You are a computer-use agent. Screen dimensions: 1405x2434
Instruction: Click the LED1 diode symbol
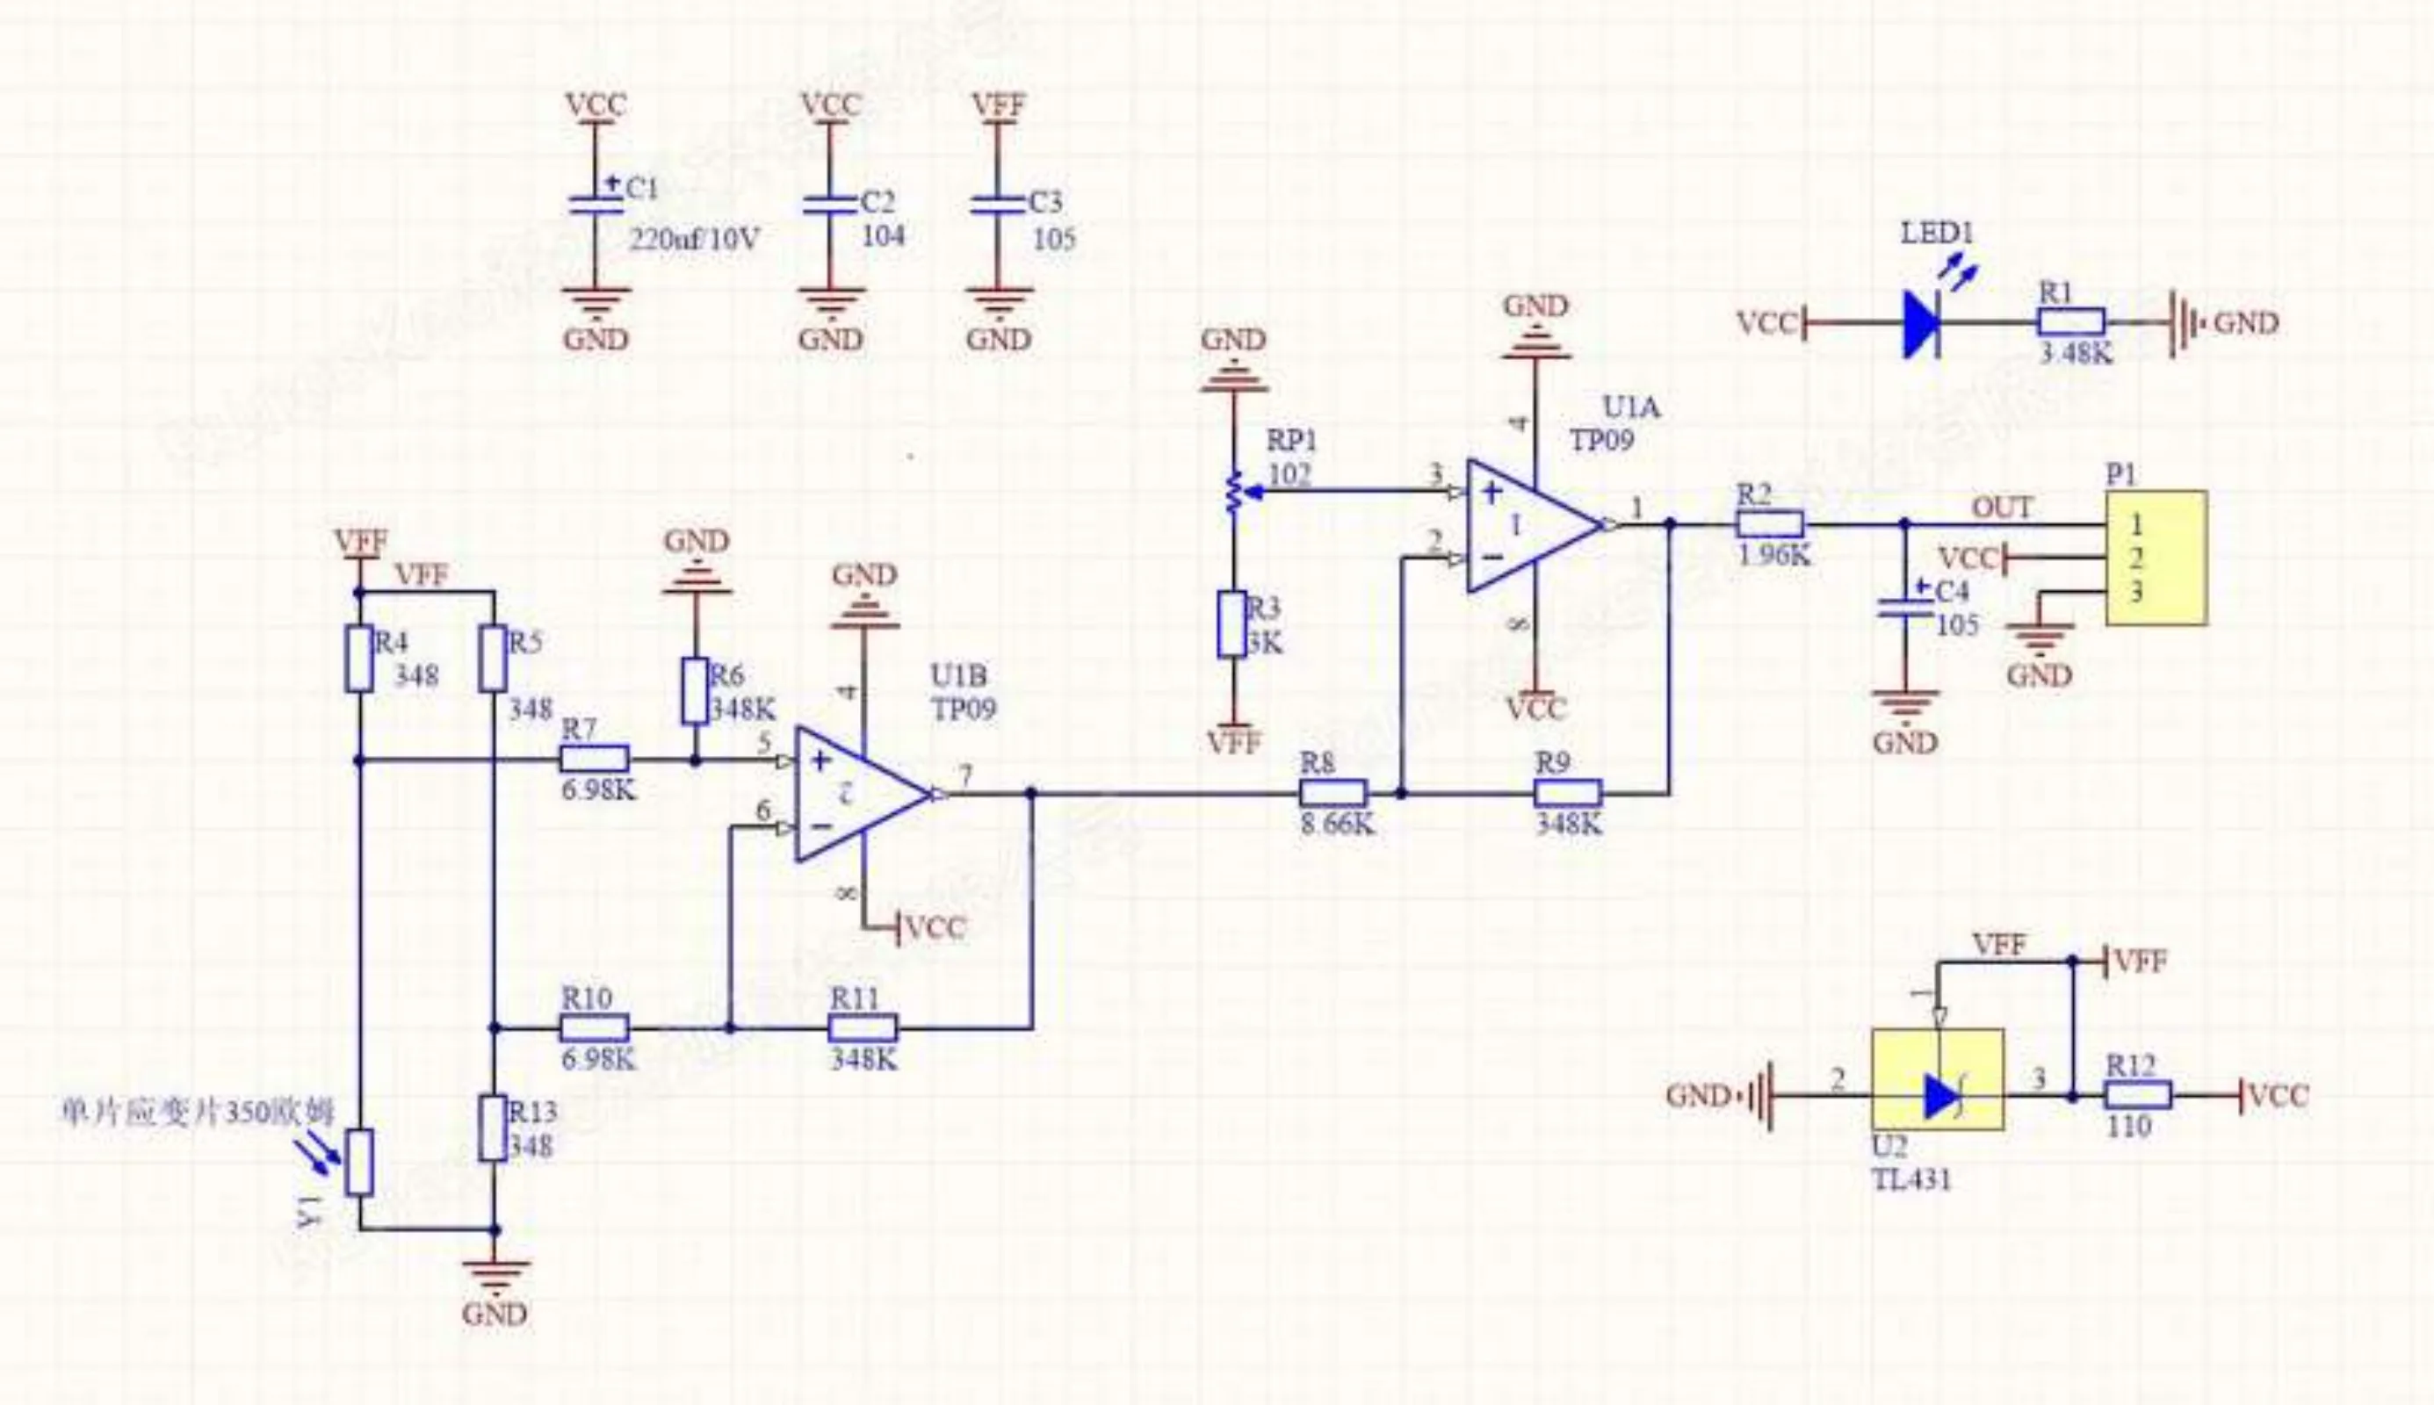click(1924, 323)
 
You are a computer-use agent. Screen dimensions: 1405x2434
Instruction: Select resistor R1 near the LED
click(2071, 322)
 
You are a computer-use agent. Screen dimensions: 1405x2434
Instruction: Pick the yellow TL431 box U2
click(1938, 1079)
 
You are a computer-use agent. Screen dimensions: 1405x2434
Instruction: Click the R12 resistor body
click(2139, 1095)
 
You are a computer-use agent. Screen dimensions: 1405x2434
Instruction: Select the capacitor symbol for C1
click(596, 205)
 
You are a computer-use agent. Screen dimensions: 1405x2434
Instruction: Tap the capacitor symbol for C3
click(998, 205)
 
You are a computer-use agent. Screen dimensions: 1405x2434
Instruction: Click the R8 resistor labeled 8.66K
click(1333, 794)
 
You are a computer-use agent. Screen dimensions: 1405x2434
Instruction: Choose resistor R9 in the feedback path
click(1568, 794)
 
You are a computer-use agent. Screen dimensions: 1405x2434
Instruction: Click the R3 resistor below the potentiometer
click(1232, 625)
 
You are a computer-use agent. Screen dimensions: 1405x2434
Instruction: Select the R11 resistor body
click(863, 1027)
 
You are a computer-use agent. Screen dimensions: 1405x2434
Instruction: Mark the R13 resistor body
click(493, 1128)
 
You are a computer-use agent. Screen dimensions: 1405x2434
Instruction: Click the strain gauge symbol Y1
click(360, 1164)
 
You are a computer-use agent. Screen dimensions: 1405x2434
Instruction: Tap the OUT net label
click(2002, 508)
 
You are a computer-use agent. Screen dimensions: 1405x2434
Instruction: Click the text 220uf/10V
click(694, 238)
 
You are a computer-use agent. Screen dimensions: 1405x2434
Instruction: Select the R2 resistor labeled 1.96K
click(1770, 525)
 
